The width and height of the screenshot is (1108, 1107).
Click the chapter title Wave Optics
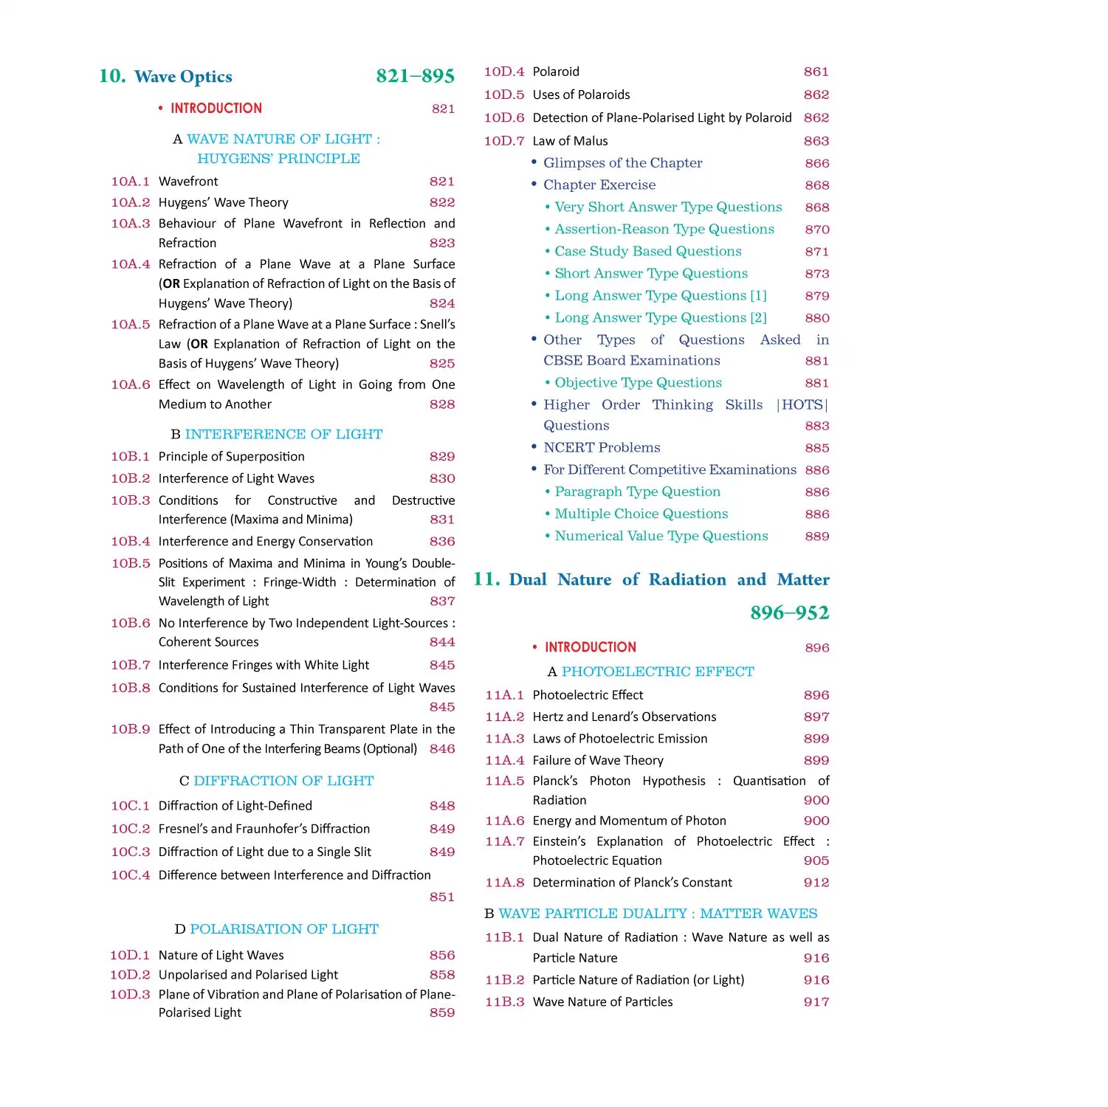pos(183,77)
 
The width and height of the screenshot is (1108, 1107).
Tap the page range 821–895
pos(415,76)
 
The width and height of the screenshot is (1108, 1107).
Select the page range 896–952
pos(789,613)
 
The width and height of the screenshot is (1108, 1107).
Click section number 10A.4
pos(131,264)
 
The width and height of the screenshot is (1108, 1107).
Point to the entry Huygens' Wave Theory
pos(223,202)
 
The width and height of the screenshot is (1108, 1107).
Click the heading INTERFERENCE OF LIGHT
pos(283,434)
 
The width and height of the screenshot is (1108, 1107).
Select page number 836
pos(442,541)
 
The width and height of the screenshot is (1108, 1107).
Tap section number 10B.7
pos(131,665)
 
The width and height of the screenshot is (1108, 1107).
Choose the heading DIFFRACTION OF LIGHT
pos(283,781)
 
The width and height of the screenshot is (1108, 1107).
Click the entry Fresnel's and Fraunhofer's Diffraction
pos(264,829)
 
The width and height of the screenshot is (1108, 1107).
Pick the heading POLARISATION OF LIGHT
pos(284,929)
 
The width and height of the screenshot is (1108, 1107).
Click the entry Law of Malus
pos(570,141)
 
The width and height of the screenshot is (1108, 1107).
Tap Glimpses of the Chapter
pos(622,163)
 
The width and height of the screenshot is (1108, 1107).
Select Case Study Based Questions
pos(647,252)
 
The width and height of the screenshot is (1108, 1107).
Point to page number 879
pos(817,296)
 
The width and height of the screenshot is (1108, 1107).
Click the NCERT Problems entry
pos(602,448)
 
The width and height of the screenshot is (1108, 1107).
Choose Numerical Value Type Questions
pos(661,537)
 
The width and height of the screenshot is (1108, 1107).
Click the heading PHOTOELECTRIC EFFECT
pos(658,672)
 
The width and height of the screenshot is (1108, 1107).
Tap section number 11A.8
pos(505,883)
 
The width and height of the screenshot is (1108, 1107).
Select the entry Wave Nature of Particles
pos(602,1001)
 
